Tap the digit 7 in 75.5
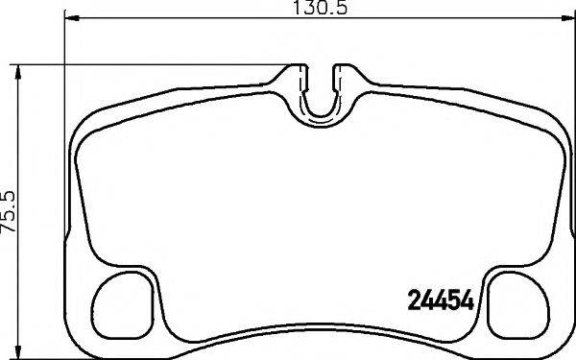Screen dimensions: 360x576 11,235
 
